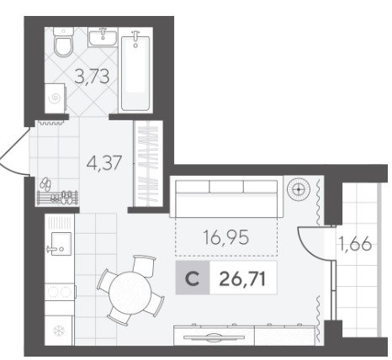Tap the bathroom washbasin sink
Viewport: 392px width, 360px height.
click(103, 38)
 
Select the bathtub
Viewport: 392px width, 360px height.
click(135, 71)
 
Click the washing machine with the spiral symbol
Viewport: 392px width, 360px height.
click(56, 98)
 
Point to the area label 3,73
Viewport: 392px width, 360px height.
click(92, 77)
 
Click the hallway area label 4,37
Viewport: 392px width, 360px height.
click(104, 163)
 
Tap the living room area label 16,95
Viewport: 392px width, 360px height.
click(225, 237)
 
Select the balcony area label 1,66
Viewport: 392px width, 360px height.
click(356, 244)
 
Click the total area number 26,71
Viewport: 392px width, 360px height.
click(242, 279)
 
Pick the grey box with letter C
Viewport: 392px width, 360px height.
click(193, 278)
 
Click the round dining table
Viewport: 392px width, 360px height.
click(130, 290)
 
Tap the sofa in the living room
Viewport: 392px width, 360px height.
click(226, 199)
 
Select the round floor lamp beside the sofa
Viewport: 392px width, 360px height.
click(299, 189)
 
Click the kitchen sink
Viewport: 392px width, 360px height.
click(59, 244)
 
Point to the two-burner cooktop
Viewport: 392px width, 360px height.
click(60, 292)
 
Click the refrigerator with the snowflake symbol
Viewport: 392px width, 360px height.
click(59, 331)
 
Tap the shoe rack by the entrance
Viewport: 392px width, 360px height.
click(57, 198)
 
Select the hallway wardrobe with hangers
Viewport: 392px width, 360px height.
click(148, 163)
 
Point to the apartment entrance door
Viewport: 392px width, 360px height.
click(14, 151)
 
